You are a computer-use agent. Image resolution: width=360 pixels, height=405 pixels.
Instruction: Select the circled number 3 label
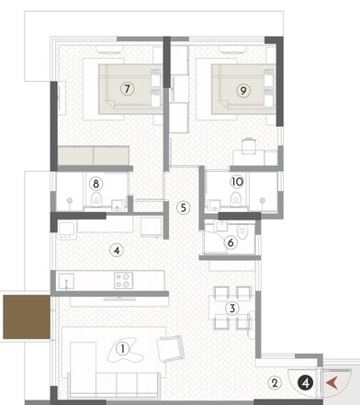pyautogui.click(x=233, y=308)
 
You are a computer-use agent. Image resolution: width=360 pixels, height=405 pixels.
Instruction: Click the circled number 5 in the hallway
pyautogui.click(x=184, y=208)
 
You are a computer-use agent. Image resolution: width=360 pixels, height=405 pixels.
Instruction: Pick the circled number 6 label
pyautogui.click(x=231, y=242)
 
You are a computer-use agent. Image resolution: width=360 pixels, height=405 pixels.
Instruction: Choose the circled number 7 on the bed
pyautogui.click(x=128, y=89)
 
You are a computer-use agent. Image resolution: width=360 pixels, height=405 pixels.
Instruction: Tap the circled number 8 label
pyautogui.click(x=96, y=184)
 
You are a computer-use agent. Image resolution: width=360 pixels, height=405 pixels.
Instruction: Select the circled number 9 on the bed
pyautogui.click(x=243, y=89)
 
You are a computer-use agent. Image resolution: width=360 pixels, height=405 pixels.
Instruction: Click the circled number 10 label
pyautogui.click(x=237, y=182)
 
